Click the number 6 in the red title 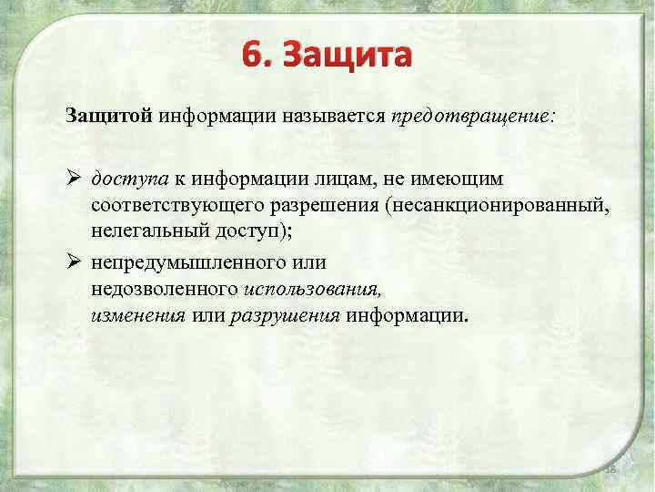click(x=252, y=56)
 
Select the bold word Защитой click(x=109, y=117)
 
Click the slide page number click(x=610, y=468)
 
